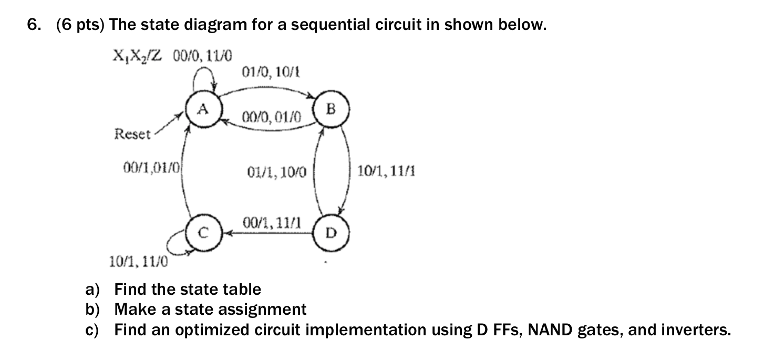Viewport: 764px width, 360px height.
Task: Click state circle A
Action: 203,110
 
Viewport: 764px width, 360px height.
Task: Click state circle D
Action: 329,231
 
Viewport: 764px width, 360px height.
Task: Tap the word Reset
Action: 132,134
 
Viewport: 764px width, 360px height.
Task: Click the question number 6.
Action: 33,25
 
